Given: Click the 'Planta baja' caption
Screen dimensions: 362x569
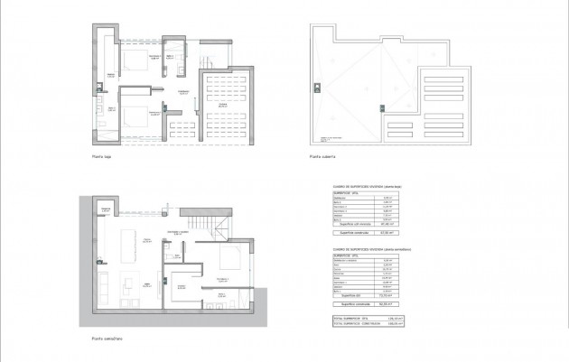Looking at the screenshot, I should pos(100,155).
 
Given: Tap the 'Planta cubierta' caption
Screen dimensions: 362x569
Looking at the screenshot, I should pos(322,155).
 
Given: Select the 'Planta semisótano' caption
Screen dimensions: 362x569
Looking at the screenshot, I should pos(107,339).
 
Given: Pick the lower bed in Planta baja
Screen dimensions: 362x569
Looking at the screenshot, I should pos(135,116).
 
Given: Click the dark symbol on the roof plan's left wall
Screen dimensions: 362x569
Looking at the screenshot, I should pos(315,88).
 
